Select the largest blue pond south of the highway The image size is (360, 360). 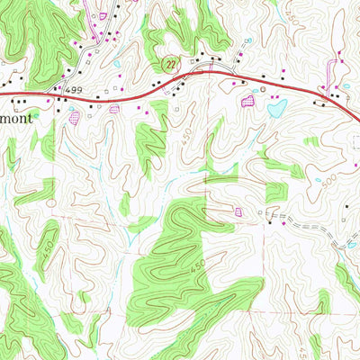275,109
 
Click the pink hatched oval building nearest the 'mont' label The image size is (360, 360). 74,116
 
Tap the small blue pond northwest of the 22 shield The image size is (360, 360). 118,64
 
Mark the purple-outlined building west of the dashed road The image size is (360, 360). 238,211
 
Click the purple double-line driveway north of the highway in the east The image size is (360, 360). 340,67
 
